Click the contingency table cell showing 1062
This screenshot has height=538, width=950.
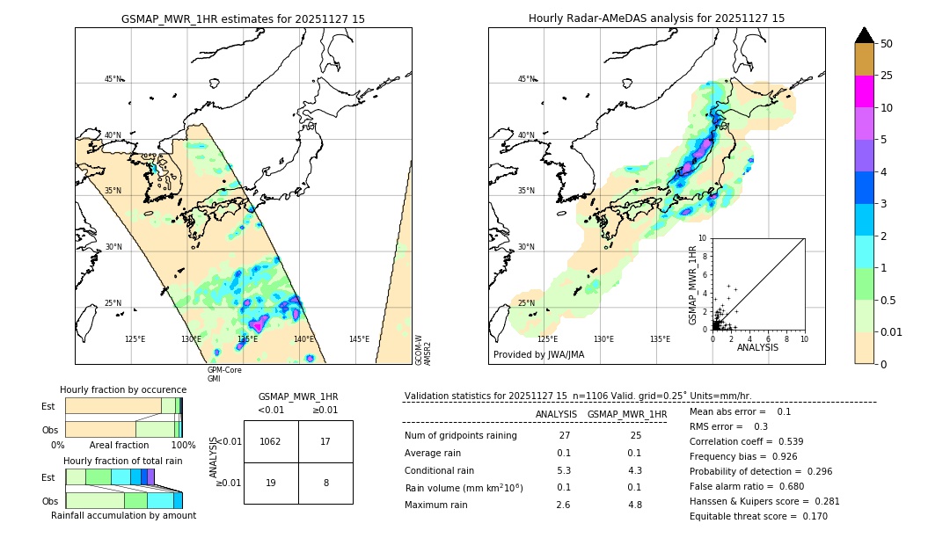click(x=271, y=441)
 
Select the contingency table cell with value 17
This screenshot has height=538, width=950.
click(x=325, y=441)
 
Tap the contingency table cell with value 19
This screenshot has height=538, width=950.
click(x=271, y=483)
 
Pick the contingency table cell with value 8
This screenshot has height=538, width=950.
click(x=325, y=483)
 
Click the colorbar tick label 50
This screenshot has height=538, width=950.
click(x=888, y=43)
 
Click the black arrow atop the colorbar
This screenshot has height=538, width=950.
click(x=865, y=35)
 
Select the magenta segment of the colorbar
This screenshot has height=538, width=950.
click(x=865, y=91)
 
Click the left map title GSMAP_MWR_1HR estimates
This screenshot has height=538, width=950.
click(x=243, y=18)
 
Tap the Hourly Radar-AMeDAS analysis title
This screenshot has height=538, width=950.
click(x=656, y=18)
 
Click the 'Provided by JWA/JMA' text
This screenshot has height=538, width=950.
click(x=538, y=354)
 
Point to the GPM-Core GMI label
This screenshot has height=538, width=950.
click(x=224, y=374)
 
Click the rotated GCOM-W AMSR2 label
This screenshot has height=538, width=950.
click(x=423, y=349)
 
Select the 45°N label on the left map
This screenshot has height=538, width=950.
click(x=113, y=79)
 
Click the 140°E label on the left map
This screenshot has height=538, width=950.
click(x=303, y=339)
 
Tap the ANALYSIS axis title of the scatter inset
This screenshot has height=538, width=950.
click(x=757, y=348)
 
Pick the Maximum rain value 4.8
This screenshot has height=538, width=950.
click(x=635, y=505)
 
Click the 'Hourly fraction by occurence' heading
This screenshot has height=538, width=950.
click(x=123, y=389)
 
